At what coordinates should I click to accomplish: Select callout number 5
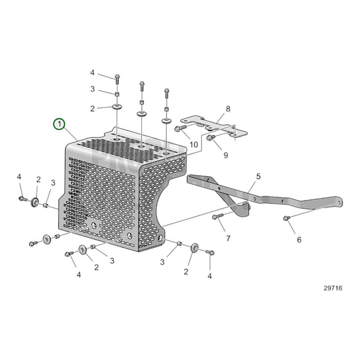coord(257,176)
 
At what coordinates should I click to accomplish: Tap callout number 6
coord(299,239)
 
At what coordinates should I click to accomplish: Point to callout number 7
coord(228,238)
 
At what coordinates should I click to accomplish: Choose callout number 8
coord(228,108)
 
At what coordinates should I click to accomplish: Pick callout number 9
coord(226,155)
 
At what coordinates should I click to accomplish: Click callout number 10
coord(193,145)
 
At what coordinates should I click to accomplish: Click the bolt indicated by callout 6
coord(287,218)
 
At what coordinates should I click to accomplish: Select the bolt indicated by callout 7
coord(217,217)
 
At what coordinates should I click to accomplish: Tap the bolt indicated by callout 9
coord(210,138)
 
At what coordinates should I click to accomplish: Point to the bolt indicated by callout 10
coord(180,128)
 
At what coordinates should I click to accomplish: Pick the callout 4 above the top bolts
coord(93,72)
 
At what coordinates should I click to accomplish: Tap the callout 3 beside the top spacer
coord(93,89)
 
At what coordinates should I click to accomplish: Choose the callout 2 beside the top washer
coord(93,108)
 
